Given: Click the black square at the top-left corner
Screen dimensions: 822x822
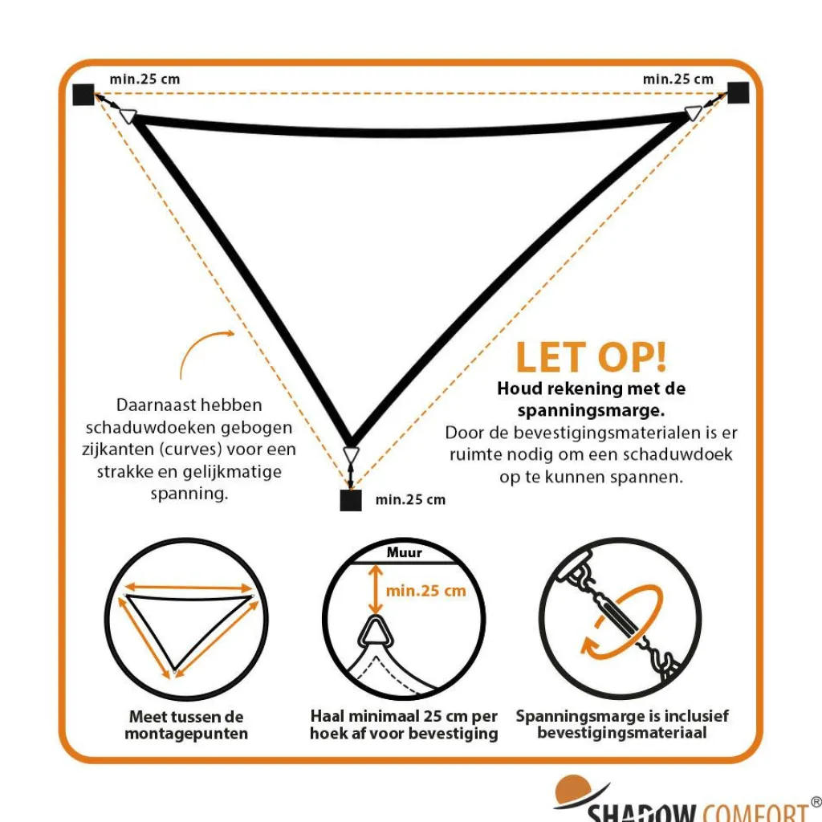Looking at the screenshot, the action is tap(83, 95).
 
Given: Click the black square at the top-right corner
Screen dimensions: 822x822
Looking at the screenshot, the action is tap(739, 93).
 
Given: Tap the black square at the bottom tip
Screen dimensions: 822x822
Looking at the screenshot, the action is tap(351, 500).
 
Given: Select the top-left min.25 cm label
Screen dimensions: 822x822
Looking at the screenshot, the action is tap(144, 79).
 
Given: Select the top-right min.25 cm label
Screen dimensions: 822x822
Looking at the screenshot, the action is tap(678, 79).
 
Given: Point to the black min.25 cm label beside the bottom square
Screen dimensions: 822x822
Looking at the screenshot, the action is tap(410, 499).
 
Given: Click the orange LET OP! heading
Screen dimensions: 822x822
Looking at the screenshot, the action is tap(591, 357).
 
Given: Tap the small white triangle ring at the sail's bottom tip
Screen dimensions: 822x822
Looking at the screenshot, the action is tap(351, 454).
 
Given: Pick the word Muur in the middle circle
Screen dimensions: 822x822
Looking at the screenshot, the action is tap(405, 552).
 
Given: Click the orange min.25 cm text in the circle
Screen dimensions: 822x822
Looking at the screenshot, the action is tap(425, 591).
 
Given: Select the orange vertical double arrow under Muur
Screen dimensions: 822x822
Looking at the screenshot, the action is tap(375, 588).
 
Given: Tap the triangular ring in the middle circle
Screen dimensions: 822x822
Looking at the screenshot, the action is tap(376, 633).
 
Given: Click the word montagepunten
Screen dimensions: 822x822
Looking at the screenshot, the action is tap(186, 734).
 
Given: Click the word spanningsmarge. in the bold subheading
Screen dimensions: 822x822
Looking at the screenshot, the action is tap(591, 410).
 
